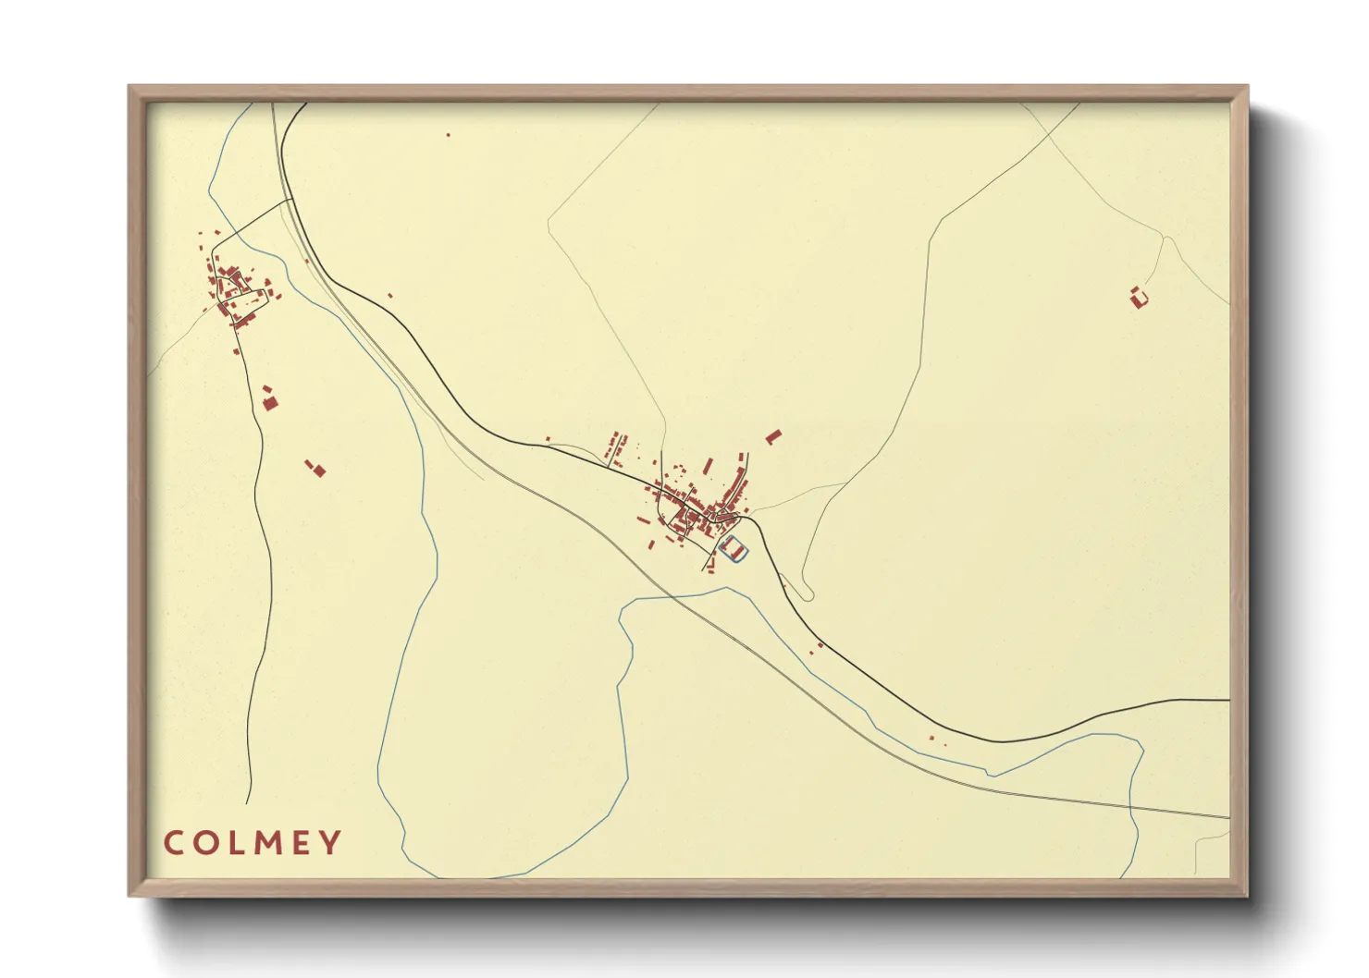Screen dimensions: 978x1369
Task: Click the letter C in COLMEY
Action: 173,843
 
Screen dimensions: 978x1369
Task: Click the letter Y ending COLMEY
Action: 330,843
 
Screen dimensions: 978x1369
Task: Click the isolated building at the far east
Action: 1139,297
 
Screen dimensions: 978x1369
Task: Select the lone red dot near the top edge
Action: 449,135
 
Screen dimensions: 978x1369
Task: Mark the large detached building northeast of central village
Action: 773,436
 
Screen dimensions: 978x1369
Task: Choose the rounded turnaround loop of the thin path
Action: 808,594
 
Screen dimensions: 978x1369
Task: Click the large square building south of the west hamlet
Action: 270,402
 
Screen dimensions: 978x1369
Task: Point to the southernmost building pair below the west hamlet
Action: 317,469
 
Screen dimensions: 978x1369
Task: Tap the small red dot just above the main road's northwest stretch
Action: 390,296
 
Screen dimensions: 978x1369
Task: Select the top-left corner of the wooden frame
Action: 129,87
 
